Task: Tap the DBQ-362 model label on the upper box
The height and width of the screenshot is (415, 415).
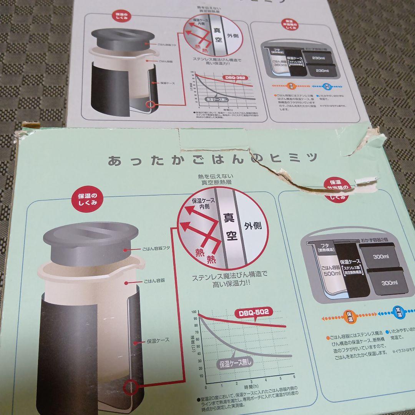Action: click(235, 78)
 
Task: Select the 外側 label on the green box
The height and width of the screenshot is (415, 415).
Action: click(252, 226)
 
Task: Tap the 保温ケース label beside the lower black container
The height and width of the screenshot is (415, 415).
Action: click(158, 340)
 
